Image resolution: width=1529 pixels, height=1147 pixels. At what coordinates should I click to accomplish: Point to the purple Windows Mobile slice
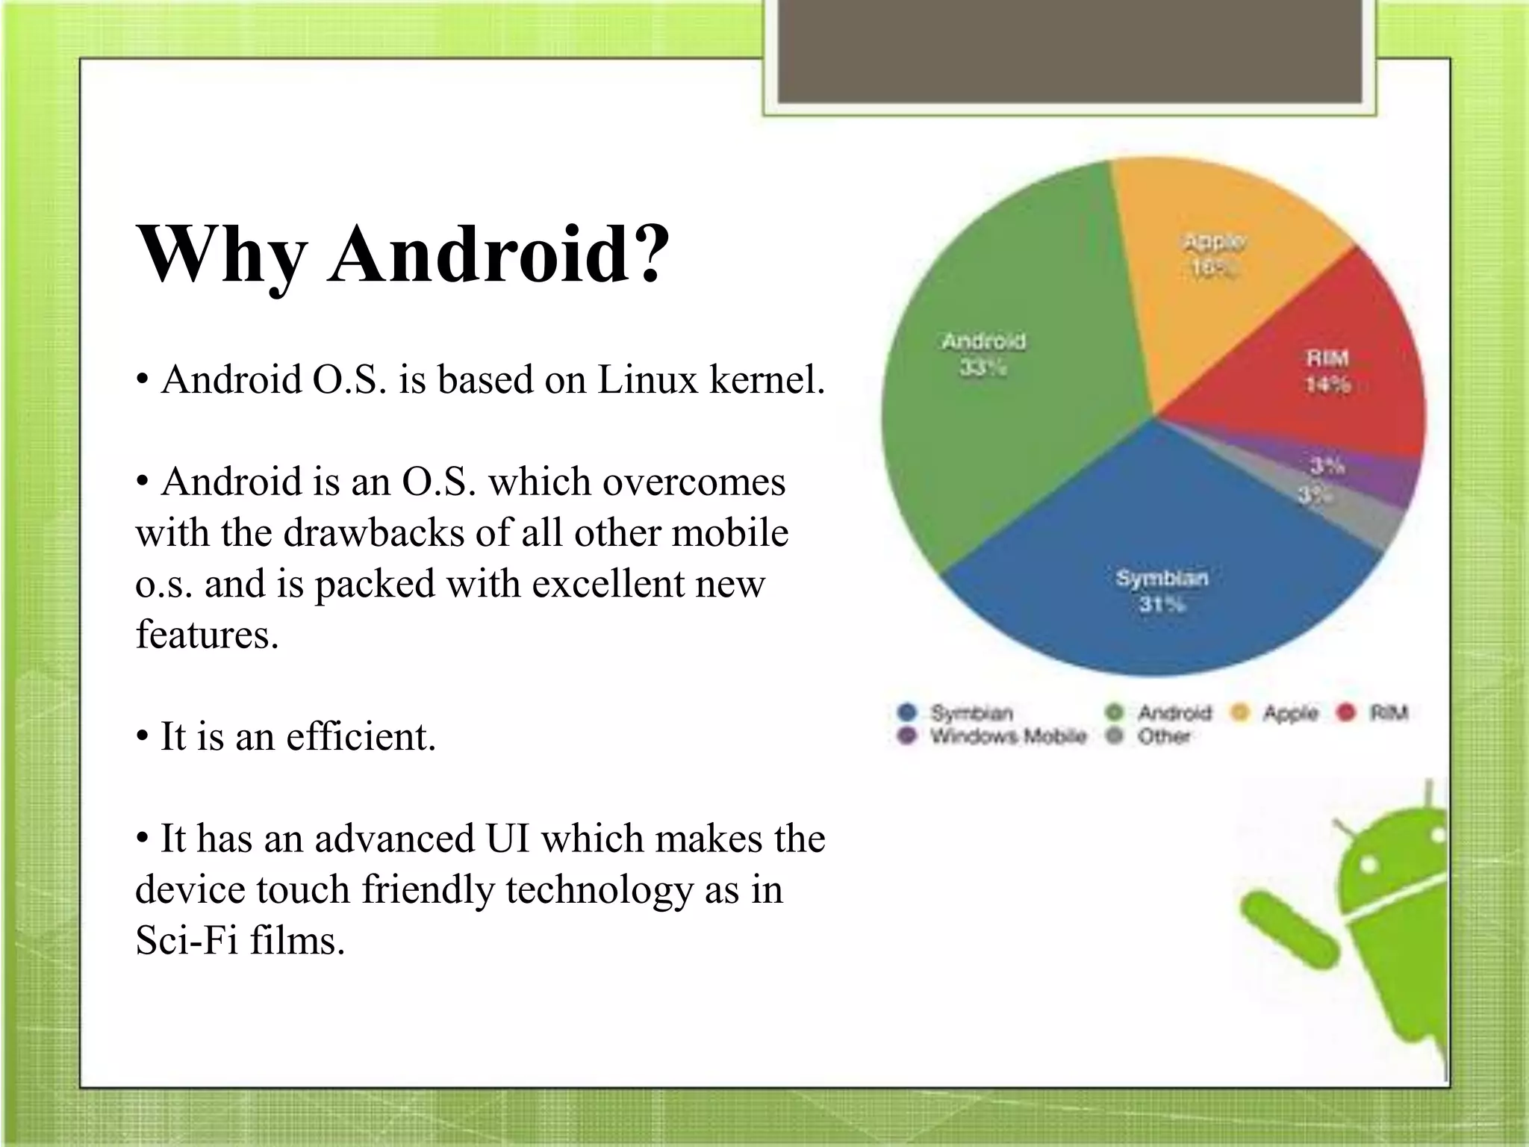(x=1389, y=482)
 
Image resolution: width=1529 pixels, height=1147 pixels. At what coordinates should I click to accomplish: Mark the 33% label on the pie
(x=983, y=367)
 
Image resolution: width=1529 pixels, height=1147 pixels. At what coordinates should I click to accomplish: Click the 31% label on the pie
(x=1162, y=603)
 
